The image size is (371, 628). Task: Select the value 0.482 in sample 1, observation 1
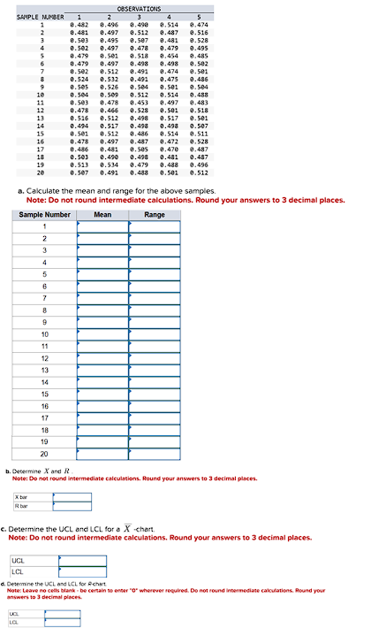point(79,24)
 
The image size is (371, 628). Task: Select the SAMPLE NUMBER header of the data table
point(41,16)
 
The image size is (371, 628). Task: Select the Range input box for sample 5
point(155,274)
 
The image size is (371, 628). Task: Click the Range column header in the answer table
point(155,214)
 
